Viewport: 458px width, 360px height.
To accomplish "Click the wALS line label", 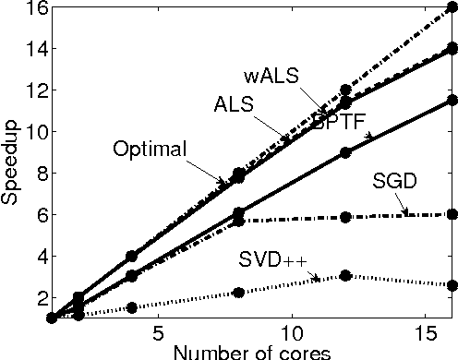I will click(x=272, y=75).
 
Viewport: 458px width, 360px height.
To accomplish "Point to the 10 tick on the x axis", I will click(x=291, y=331).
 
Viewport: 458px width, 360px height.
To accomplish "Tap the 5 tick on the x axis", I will click(x=158, y=331).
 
